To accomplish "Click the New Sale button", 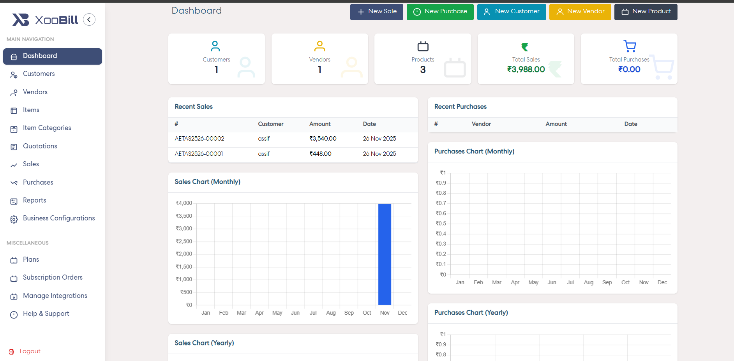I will click(x=376, y=12).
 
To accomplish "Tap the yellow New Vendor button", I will click(x=580, y=12).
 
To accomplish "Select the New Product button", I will click(x=646, y=12).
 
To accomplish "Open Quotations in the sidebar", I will click(x=40, y=146).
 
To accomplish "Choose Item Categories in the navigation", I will click(x=47, y=128).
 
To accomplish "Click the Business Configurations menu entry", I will click(x=58, y=218).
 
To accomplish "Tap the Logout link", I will click(x=30, y=351).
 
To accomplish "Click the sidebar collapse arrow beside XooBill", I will click(x=89, y=19).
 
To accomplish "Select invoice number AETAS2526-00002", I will click(x=199, y=139).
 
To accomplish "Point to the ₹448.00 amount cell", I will click(x=320, y=154).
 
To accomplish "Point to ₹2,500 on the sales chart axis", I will click(x=184, y=241).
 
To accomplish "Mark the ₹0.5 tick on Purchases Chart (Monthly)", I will click(x=441, y=224).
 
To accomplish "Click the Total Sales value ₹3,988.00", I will click(x=526, y=70).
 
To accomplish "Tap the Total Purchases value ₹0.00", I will click(x=629, y=70).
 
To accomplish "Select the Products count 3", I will click(x=423, y=70).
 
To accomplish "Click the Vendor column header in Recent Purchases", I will click(x=481, y=124).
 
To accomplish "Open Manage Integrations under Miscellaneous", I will click(x=55, y=296).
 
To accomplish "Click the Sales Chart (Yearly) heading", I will click(x=204, y=343).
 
